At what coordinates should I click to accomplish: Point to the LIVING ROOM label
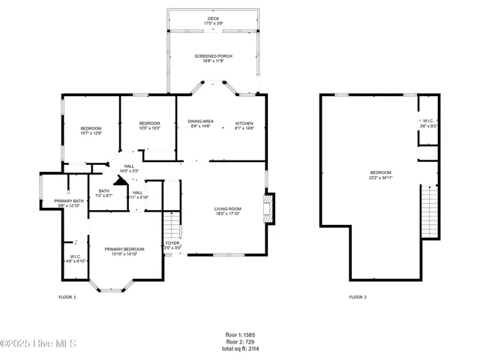[x=228, y=211]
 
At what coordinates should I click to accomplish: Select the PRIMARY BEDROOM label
[x=124, y=251]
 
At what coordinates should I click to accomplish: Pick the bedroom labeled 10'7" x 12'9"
[x=91, y=130]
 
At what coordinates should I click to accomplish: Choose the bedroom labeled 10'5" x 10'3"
[x=149, y=125]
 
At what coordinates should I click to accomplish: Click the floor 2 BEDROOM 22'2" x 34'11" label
[x=380, y=175]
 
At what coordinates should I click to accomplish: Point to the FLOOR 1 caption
[x=67, y=297]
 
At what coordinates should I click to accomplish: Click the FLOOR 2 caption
[x=358, y=297]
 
